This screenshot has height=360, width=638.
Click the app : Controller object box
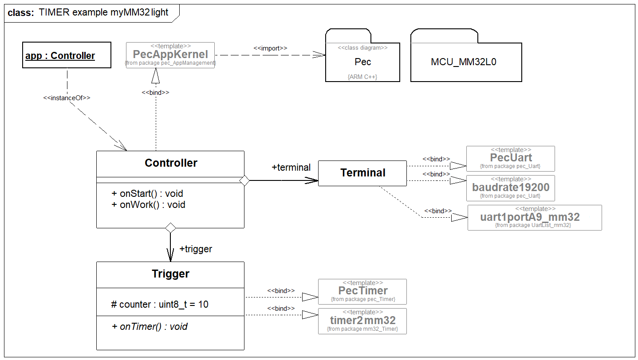(x=67, y=55)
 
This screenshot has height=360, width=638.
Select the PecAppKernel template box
(x=170, y=55)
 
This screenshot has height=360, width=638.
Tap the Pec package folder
(x=362, y=62)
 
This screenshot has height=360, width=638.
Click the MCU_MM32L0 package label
(x=463, y=62)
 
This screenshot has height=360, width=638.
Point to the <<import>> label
(x=270, y=48)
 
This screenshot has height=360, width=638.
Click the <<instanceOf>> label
(x=67, y=98)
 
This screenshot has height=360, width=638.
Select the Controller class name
(x=171, y=163)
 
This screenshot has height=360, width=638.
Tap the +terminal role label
(x=291, y=168)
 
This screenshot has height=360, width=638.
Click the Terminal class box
(x=362, y=173)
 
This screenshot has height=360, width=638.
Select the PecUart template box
(x=511, y=158)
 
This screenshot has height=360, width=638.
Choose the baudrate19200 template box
(x=511, y=188)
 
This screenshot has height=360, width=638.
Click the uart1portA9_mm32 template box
(x=534, y=217)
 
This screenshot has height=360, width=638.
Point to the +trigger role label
(x=196, y=249)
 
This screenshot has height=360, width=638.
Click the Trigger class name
(x=170, y=274)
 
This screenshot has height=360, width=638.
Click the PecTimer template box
(x=362, y=291)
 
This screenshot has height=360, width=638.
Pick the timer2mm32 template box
(x=362, y=321)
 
